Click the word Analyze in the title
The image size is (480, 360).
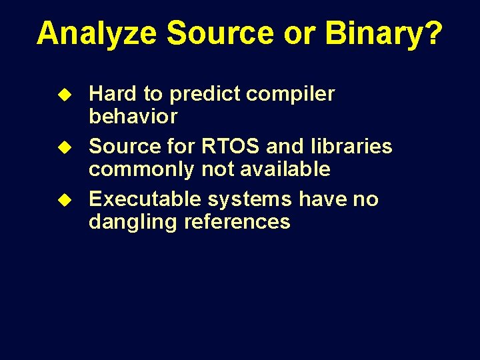pos(97,34)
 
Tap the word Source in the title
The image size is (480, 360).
pos(220,33)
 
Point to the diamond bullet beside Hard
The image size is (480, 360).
pos(65,95)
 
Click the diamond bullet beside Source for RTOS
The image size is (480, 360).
pos(65,147)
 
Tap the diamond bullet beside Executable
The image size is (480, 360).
pos(65,200)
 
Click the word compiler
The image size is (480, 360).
pos(290,94)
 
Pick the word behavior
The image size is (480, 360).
pos(133,115)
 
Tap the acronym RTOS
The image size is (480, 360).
pos(230,146)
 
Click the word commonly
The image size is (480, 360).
pos(141,169)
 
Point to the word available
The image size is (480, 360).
pos(285,168)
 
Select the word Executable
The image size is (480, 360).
pos(145,199)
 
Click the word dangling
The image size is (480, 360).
pos(133,222)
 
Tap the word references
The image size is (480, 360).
pos(237,221)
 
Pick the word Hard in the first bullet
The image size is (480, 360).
pos(113,93)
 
